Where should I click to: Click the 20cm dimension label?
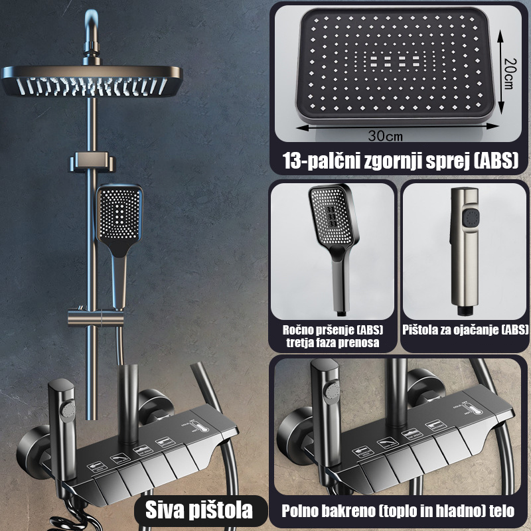510,73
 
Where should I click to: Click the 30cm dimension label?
386,136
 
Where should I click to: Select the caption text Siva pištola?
199,510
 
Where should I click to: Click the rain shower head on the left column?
92,80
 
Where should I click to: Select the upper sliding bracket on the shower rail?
93,161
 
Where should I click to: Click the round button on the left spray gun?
68,410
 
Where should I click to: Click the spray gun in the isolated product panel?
465,252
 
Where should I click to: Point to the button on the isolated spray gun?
471,218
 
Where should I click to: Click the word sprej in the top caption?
447,161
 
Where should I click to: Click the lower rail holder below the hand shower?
96,318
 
